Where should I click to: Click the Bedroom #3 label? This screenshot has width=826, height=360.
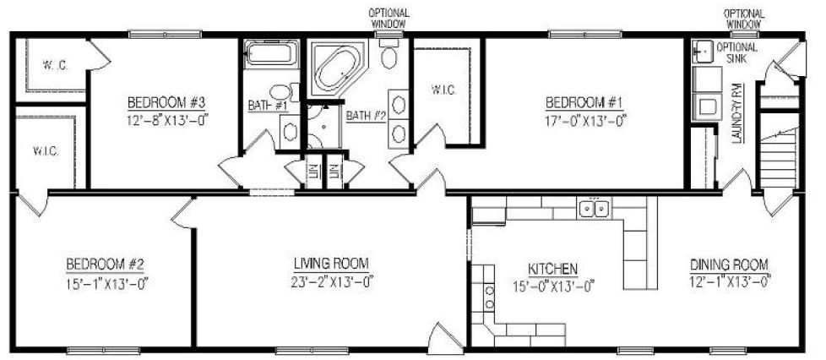(167, 103)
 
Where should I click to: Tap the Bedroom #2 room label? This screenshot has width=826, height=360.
(109, 263)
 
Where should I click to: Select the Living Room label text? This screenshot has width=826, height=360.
(331, 263)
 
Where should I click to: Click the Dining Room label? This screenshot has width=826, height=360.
(729, 263)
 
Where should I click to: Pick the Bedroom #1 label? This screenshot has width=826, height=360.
(584, 103)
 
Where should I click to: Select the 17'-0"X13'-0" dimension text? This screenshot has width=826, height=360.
(584, 120)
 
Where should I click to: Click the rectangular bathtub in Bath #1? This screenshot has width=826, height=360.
(270, 56)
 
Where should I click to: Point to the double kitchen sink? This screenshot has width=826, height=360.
(593, 208)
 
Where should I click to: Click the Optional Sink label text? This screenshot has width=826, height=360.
(736, 52)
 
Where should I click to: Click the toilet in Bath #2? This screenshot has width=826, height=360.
(389, 57)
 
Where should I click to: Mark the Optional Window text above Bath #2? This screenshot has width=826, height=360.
(389, 19)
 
